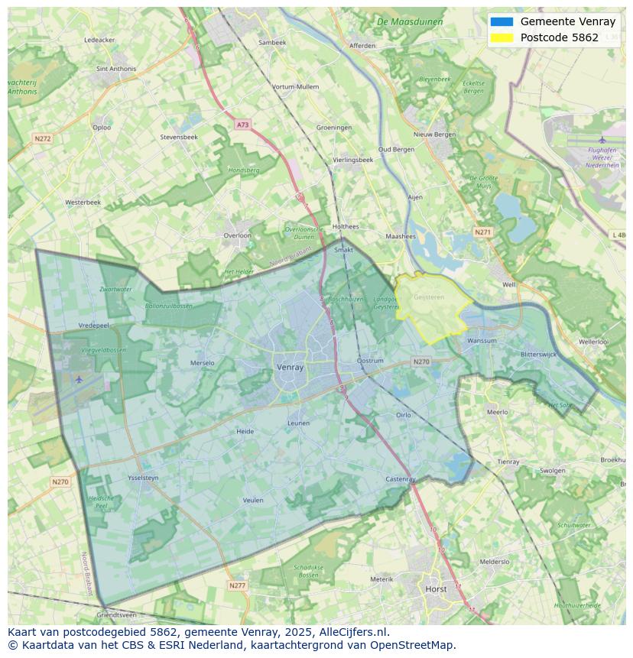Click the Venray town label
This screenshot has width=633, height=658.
click(x=290, y=368)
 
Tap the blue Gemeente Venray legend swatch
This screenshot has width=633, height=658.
click(x=502, y=22)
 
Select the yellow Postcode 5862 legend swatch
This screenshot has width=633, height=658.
click(x=502, y=37)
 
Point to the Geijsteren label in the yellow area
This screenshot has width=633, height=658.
click(x=428, y=297)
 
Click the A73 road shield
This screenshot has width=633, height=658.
click(x=242, y=125)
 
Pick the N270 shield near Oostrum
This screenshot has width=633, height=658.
click(x=421, y=361)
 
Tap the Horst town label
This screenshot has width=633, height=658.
click(x=436, y=589)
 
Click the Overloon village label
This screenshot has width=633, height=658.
click(x=237, y=235)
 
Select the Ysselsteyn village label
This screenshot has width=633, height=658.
click(x=143, y=478)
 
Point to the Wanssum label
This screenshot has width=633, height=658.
click(x=482, y=341)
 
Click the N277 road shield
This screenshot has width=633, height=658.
click(x=238, y=585)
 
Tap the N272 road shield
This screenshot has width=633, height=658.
click(x=42, y=138)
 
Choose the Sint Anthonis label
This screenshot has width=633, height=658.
click(x=116, y=69)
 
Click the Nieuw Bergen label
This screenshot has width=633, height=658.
click(x=434, y=135)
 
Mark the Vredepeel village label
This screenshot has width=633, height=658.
click(x=94, y=325)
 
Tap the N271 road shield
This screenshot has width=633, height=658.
click(x=482, y=232)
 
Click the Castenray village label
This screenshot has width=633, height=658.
click(x=401, y=479)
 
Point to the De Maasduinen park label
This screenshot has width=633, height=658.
click(x=410, y=22)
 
